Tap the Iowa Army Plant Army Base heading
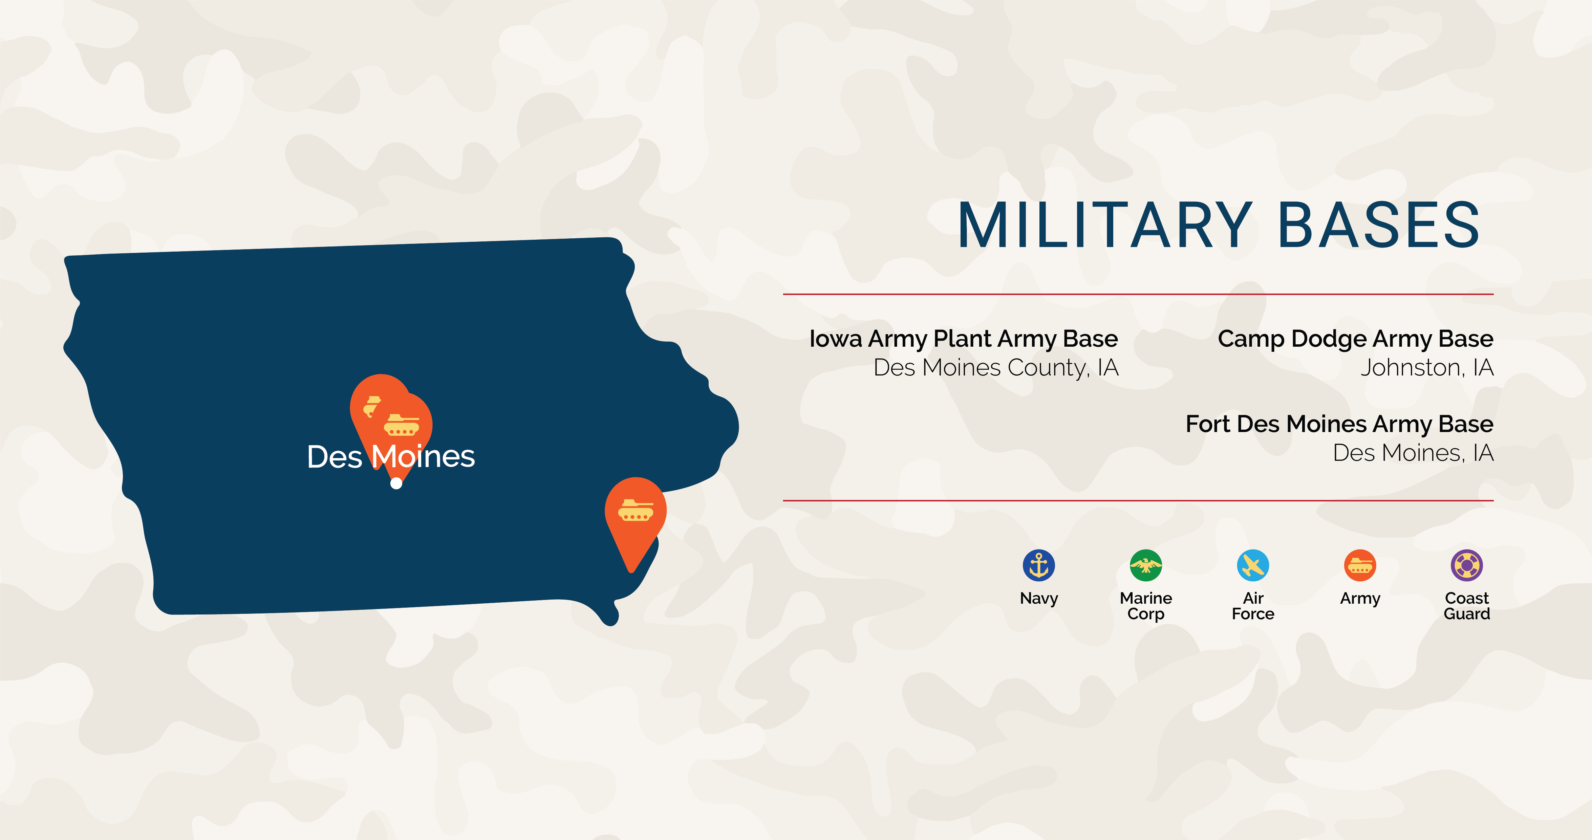[x=964, y=339]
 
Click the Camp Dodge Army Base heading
[x=1355, y=339]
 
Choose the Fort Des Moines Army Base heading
[x=1339, y=424]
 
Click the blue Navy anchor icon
[x=1039, y=565]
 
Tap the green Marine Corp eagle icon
[x=1146, y=565]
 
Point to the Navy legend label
[x=1039, y=598]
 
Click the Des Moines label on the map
[x=391, y=457]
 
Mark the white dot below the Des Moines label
[x=396, y=483]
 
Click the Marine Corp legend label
[x=1146, y=606]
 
